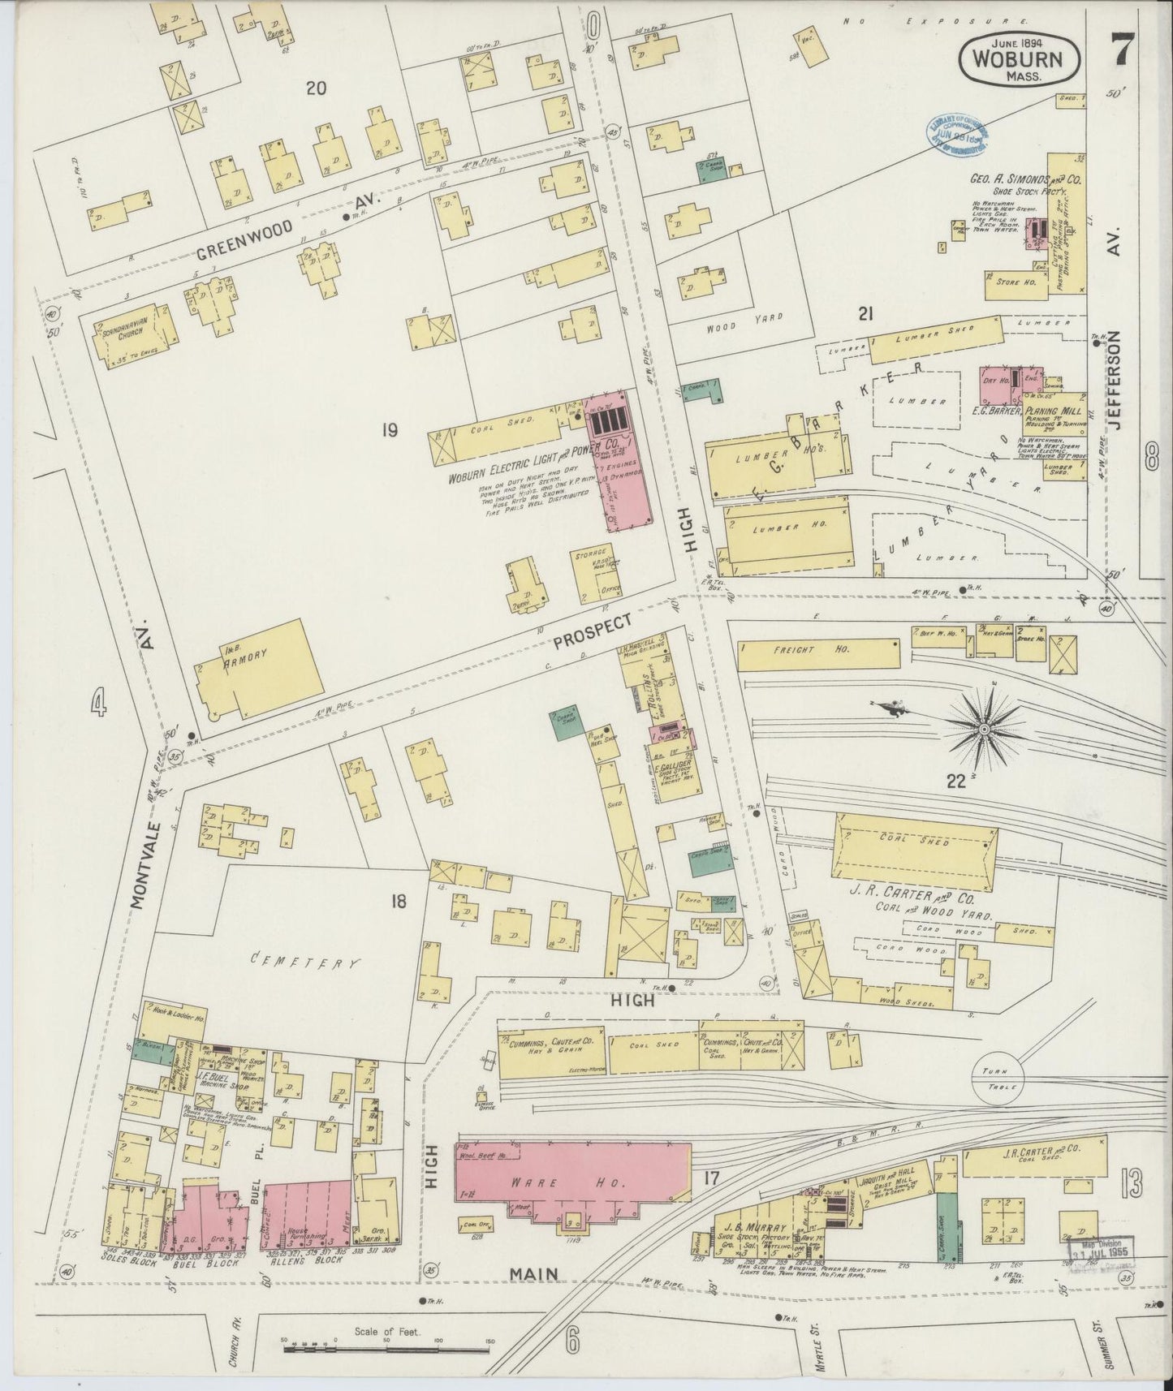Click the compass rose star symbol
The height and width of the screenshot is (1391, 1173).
point(984,730)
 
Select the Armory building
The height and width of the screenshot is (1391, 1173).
point(252,670)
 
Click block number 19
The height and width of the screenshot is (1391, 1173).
point(389,431)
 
